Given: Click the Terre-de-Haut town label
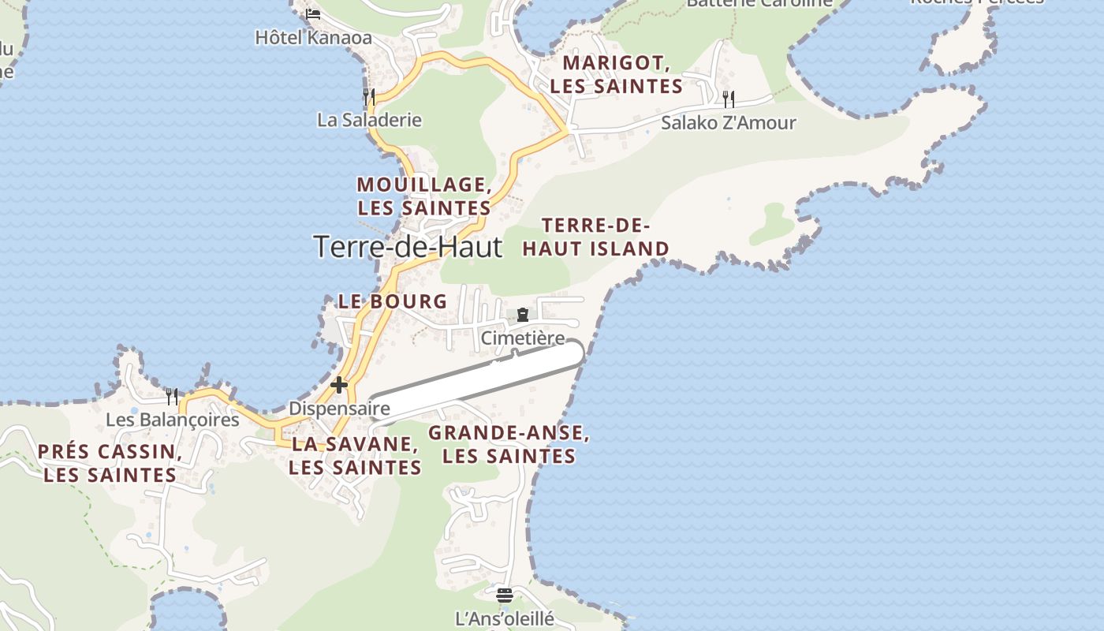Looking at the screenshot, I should pos(408,247).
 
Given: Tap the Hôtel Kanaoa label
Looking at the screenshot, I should pos(313,37).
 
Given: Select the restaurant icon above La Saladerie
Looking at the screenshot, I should pos(368,97).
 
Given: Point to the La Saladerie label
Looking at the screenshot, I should pos(369,120).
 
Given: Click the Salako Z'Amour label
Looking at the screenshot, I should pos(728,122).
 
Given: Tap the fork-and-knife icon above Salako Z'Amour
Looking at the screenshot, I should pos(729,99).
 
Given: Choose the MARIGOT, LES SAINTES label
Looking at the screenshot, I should pos(616,74).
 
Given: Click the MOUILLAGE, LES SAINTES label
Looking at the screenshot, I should pos(424,196).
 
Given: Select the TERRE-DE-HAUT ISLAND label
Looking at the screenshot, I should pos(595,237).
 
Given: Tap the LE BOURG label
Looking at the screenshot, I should pos(393,301).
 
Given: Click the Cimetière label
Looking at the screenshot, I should pos(523,338).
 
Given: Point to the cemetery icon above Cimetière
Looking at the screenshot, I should pos(522,315).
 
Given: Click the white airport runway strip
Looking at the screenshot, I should pos(478,379).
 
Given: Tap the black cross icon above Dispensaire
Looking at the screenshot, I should pos(339,385).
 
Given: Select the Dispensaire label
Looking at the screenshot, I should pos(339,409).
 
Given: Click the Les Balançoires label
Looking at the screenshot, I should pos(172,419).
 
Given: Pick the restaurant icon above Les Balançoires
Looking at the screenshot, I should pos(172,396).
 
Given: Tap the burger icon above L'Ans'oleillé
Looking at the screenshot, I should pos(505,594).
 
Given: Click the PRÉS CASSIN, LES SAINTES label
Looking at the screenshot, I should pos(110,463).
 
